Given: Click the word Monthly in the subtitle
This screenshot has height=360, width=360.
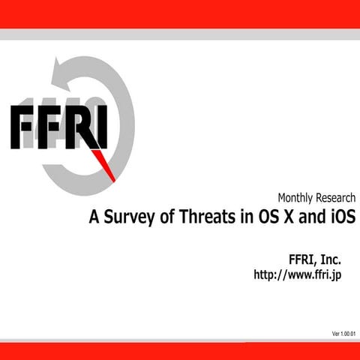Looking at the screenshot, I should pyautogui.click(x=298, y=199).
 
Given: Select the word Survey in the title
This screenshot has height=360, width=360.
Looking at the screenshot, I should pyautogui.click(x=126, y=219).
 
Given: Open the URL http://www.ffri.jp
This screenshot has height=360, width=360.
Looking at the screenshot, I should pyautogui.click(x=298, y=275).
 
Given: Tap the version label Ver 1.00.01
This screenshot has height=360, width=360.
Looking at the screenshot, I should pyautogui.click(x=343, y=333).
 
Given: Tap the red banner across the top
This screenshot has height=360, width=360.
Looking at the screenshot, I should pyautogui.click(x=180, y=13).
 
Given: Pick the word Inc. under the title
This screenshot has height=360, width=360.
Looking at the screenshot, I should pyautogui.click(x=330, y=259).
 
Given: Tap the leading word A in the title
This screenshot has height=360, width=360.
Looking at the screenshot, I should pyautogui.click(x=94, y=218).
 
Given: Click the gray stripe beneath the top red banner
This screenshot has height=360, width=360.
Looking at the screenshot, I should pyautogui.click(x=180, y=34).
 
